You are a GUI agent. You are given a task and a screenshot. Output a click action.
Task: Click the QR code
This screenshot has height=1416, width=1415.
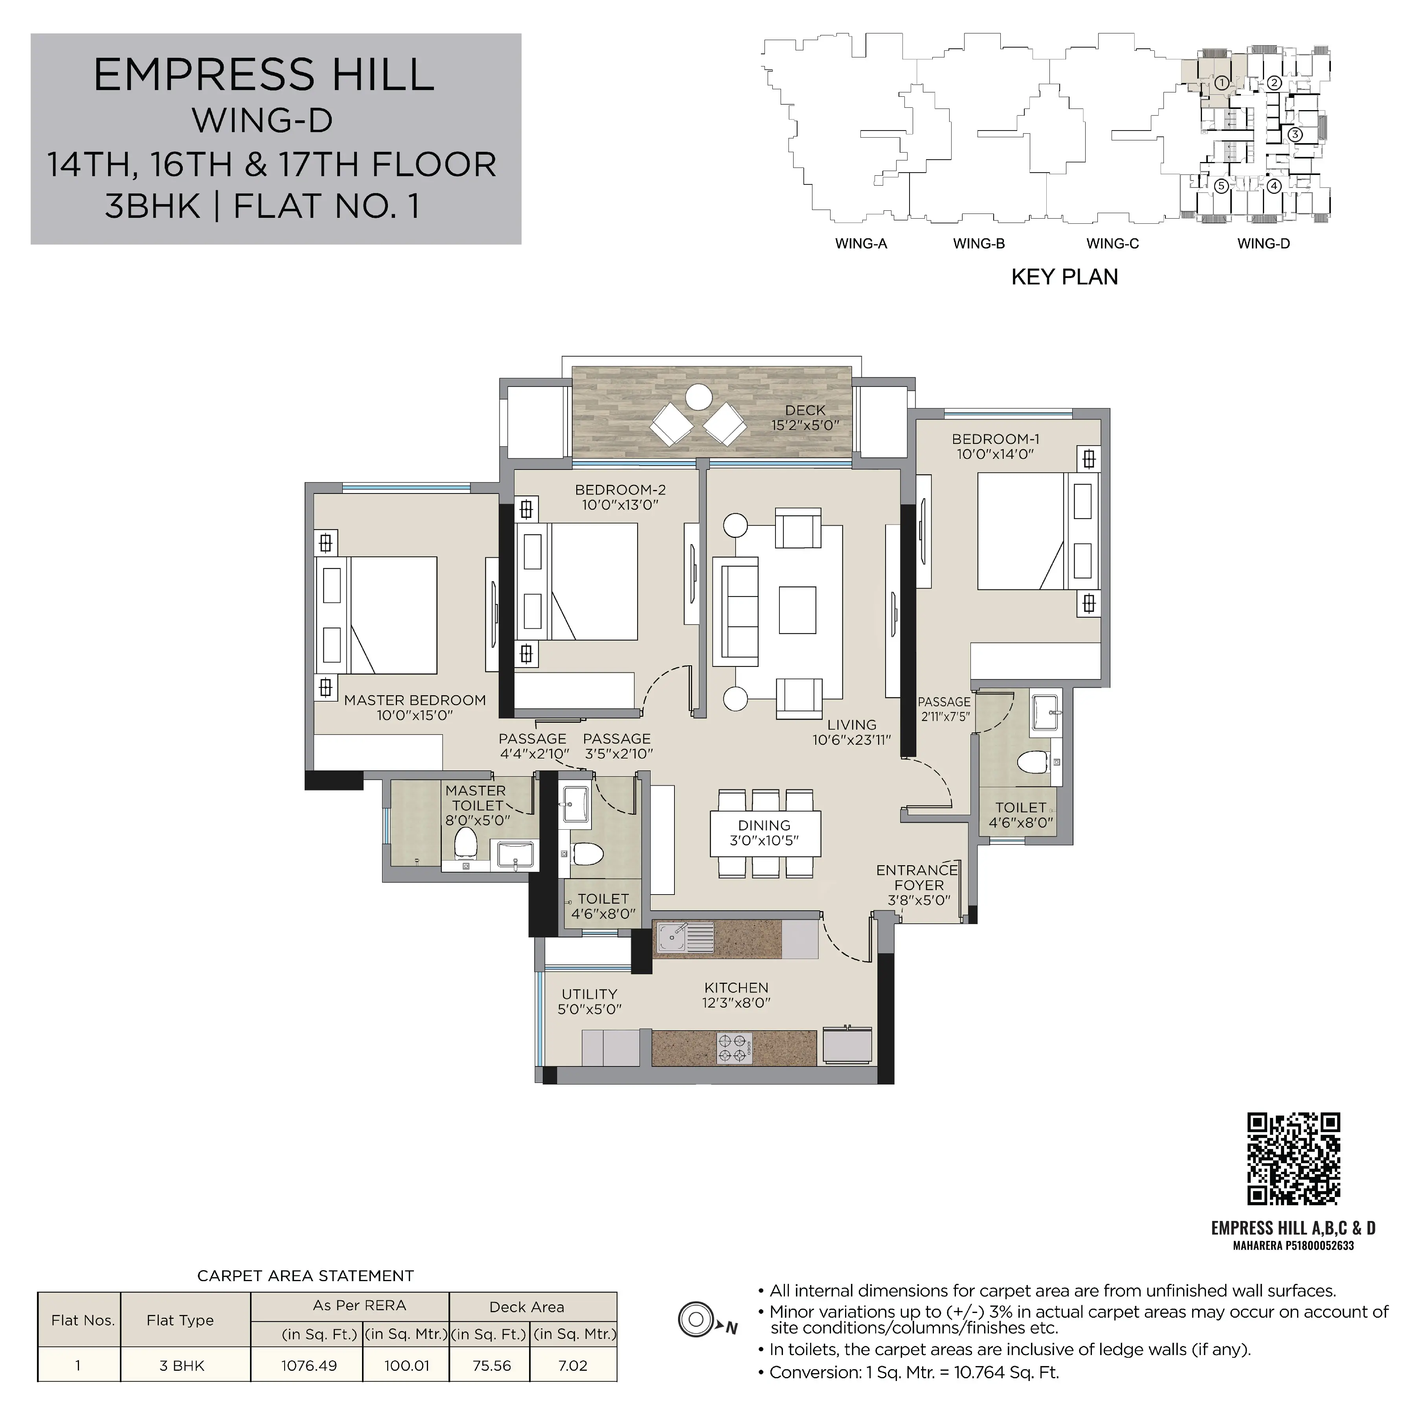[1294, 1159]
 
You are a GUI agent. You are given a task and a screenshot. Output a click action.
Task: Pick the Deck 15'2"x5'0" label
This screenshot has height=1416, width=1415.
[805, 417]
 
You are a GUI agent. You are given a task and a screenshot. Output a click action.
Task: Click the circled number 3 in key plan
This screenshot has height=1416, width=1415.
[1295, 134]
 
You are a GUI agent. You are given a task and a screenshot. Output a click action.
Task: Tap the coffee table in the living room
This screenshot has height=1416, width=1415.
[797, 610]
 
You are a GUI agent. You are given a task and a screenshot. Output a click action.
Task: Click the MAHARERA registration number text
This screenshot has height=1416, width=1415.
[1294, 1245]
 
